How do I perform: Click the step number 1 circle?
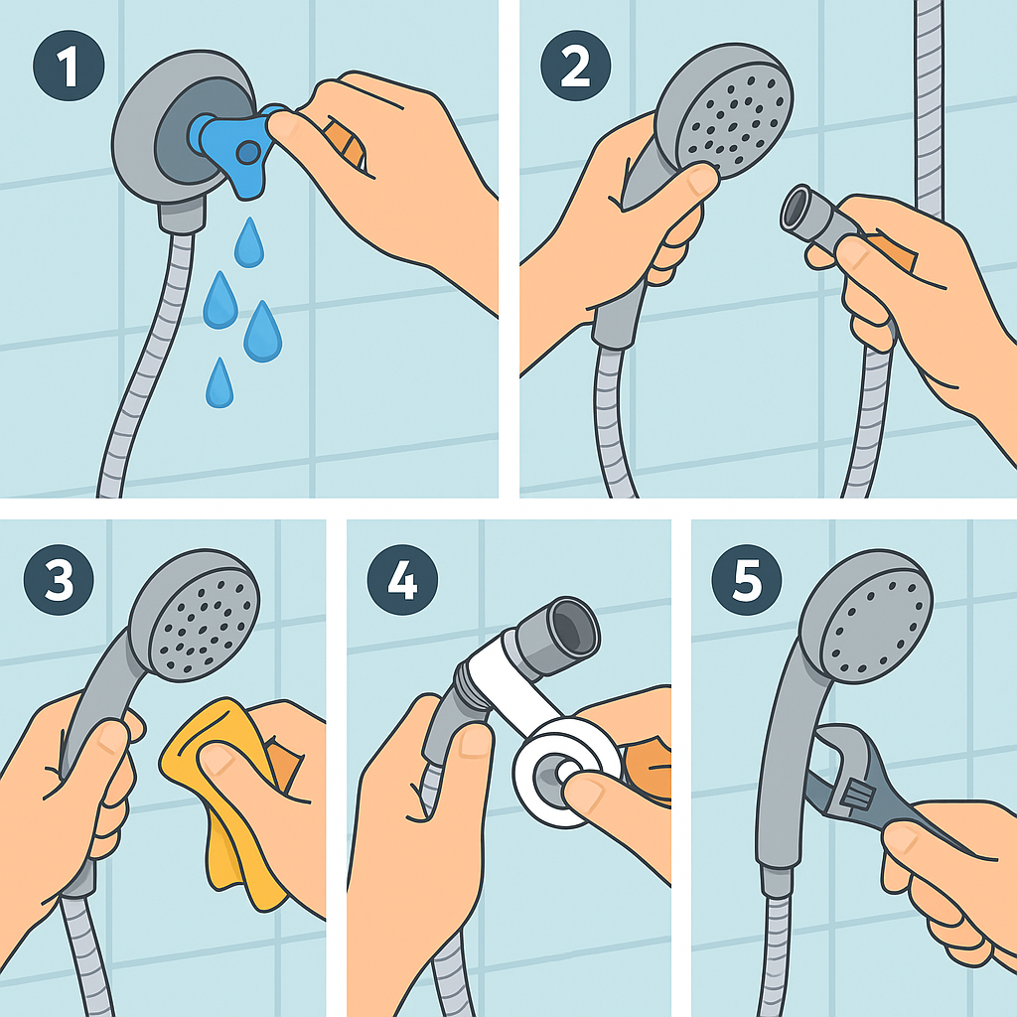tap(69, 66)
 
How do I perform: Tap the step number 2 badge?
tap(575, 66)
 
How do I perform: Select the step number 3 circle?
tap(59, 579)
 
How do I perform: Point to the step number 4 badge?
tap(402, 579)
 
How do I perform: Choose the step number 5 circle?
tap(747, 579)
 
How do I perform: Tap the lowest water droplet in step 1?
tap(219, 383)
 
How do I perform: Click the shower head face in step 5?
tap(877, 629)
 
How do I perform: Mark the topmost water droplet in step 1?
tap(249, 242)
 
